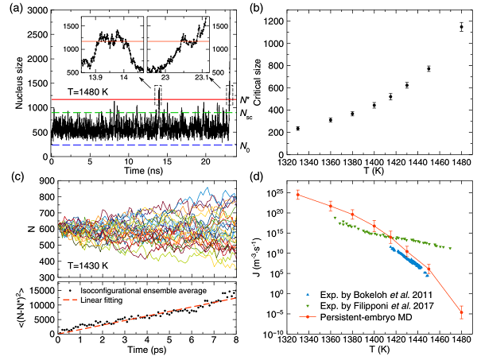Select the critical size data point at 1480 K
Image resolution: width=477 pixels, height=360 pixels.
click(460, 27)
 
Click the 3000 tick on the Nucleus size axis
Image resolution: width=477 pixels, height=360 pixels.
click(37, 9)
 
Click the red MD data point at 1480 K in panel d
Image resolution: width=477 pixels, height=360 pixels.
click(460, 312)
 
